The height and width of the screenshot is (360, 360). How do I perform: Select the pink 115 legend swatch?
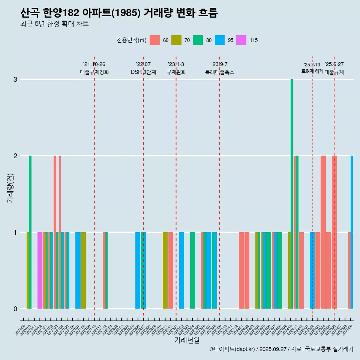point(241,40)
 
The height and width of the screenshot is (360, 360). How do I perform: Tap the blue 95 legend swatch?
point(220,40)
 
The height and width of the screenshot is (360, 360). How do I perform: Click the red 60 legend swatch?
point(154,40)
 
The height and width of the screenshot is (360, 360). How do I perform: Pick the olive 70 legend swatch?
point(176,40)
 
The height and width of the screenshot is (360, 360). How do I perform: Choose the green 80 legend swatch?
point(198,40)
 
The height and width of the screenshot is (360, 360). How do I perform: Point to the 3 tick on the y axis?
point(15,79)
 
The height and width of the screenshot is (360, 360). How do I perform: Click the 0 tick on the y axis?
point(15,309)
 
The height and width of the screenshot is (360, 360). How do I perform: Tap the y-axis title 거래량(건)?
point(10,188)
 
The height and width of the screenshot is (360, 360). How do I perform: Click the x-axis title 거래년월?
point(187,340)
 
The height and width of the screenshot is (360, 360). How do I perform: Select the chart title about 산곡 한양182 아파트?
point(119,13)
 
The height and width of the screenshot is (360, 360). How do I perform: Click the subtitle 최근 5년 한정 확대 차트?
point(54,24)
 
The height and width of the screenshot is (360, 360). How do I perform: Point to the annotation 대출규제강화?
point(94,72)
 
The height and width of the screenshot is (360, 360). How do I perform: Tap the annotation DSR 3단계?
point(143,72)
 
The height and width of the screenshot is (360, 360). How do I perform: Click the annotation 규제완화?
point(176,72)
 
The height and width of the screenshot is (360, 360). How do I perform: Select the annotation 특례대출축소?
point(219,72)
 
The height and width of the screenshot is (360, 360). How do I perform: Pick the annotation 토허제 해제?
point(312,71)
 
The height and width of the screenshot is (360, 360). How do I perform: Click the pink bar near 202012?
point(40,270)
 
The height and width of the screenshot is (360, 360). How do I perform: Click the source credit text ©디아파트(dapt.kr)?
point(232,349)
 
